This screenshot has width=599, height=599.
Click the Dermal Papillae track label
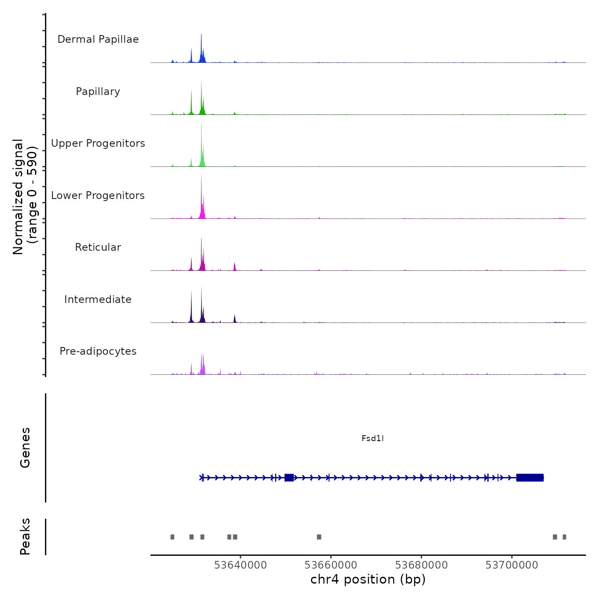98,39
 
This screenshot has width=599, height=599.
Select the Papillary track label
98,92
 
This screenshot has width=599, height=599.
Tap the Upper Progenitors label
98,143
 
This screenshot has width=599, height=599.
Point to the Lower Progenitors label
98,196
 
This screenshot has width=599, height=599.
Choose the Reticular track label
98,247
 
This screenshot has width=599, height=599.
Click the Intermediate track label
98,299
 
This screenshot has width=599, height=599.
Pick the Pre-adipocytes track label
98,351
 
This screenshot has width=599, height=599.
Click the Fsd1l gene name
373,438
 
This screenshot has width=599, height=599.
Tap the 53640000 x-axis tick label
240,565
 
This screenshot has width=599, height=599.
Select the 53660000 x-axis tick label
331,565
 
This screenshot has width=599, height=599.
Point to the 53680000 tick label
421,565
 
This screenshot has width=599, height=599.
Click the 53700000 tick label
512,565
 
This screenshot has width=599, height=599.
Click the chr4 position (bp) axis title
368,579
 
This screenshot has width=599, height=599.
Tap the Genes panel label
25,448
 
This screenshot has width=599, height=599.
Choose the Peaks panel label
25,537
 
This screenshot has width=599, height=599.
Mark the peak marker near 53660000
319,537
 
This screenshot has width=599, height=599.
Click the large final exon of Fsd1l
530,477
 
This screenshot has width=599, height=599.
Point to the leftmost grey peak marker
172,537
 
